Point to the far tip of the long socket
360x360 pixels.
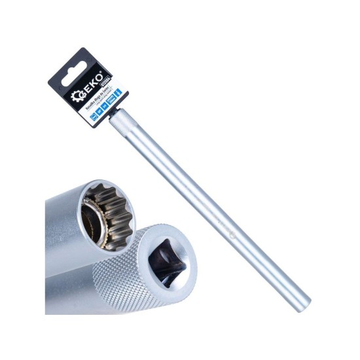tap(302, 302)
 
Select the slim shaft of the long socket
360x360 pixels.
tap(216, 216)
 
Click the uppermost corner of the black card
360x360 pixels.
tap(85, 48)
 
